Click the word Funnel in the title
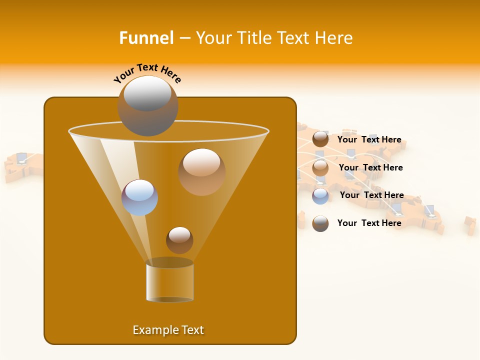(146, 38)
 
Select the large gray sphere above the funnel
(147, 105)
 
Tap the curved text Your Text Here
(147, 73)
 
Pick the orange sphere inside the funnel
(201, 171)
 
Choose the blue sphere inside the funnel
(139, 197)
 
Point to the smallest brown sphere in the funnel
(179, 240)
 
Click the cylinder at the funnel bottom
(169, 281)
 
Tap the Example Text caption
(168, 330)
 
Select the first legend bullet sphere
(320, 139)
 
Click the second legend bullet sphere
(320, 168)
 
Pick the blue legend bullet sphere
(320, 196)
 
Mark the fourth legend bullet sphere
(320, 223)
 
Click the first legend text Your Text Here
(369, 140)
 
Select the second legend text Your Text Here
(370, 168)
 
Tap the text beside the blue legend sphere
(371, 195)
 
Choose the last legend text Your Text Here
(369, 223)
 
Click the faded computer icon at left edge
(21, 158)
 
